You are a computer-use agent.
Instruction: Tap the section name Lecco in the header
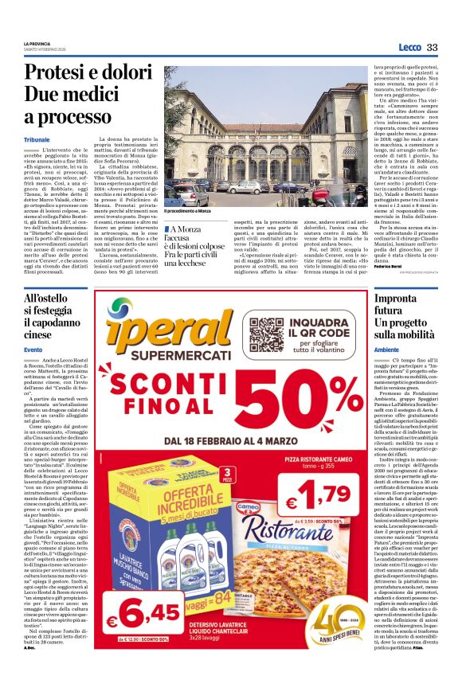[409, 48]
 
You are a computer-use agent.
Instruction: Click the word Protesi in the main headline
[53, 73]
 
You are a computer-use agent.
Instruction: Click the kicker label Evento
[33, 350]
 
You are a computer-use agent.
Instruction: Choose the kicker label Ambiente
[386, 350]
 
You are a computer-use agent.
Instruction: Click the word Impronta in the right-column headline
[396, 298]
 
